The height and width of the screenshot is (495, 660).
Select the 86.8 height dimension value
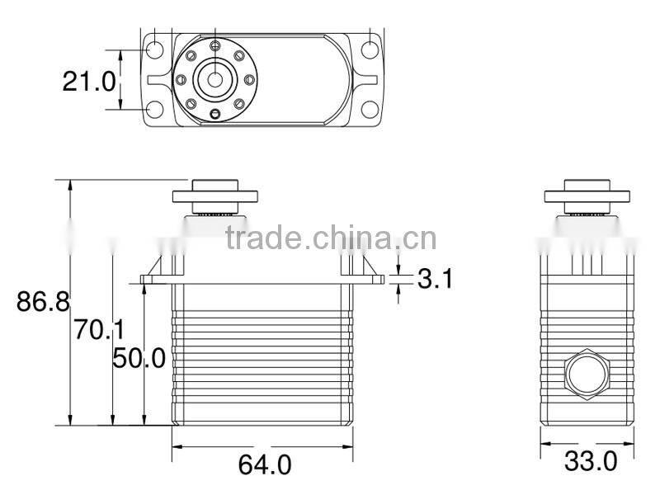click(x=43, y=301)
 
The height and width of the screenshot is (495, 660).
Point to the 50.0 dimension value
click(x=139, y=357)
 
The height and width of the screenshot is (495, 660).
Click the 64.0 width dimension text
click(x=264, y=465)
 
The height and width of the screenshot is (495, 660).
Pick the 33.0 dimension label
click(x=590, y=461)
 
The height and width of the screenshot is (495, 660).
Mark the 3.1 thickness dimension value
click(x=435, y=279)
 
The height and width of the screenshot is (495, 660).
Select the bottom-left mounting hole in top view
click(x=154, y=110)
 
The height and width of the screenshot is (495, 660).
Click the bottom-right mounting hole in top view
click(x=370, y=110)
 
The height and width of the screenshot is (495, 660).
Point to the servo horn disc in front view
click(x=215, y=196)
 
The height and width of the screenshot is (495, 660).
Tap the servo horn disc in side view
click(x=587, y=196)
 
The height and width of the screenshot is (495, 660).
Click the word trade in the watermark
click(x=264, y=238)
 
